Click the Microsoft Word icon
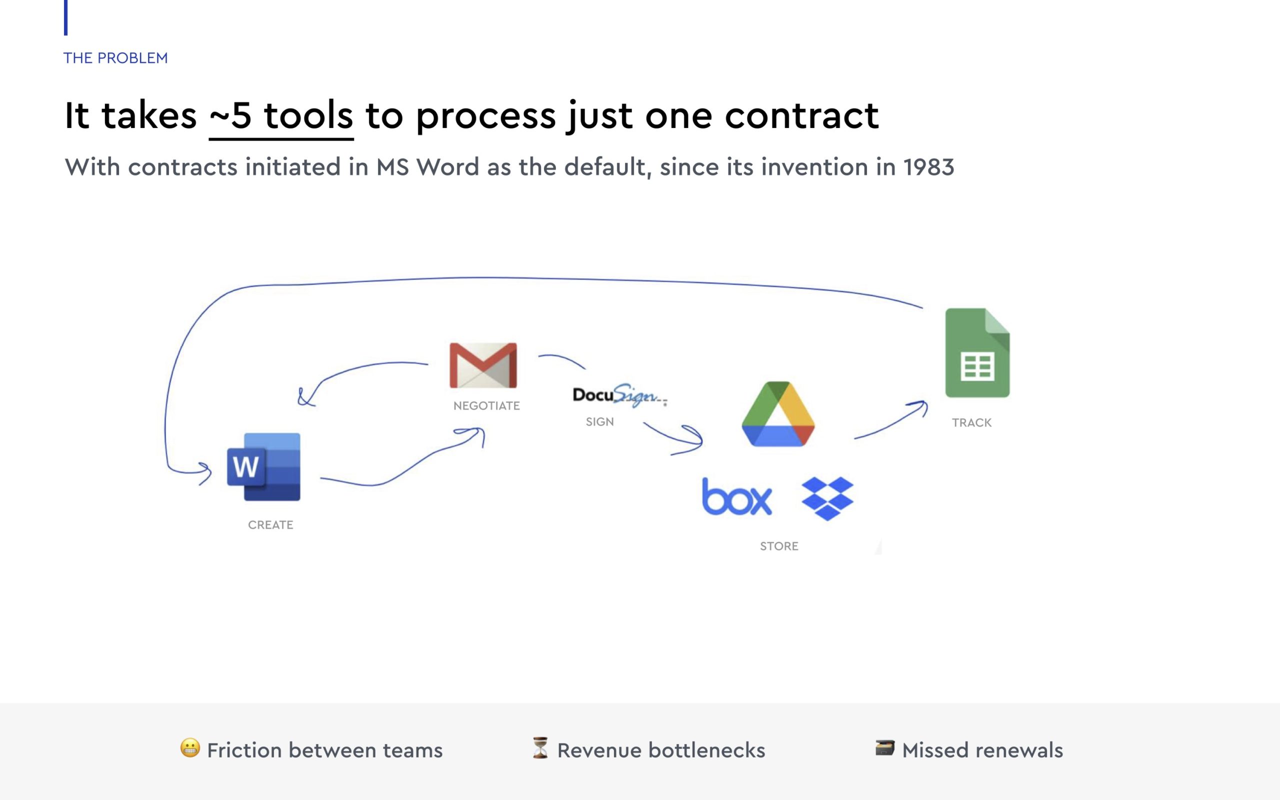coord(263,466)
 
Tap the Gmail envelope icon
coord(483,365)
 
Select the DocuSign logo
coord(619,395)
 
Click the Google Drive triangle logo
coord(778,414)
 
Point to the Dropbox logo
coord(827,498)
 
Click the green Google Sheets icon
coord(977,353)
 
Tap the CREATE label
coord(270,525)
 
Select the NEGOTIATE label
coord(486,406)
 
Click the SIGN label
coord(599,421)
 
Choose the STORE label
coord(778,546)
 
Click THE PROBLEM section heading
coord(115,57)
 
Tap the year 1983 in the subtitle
coord(928,167)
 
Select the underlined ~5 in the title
coord(230,116)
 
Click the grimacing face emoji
coord(190,748)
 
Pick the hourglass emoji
coord(540,748)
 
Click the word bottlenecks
coord(706,750)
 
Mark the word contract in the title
coord(801,116)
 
